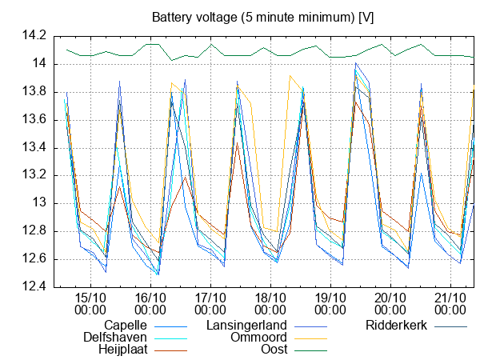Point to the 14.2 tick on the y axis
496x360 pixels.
[35, 36]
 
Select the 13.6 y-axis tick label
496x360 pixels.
[35, 120]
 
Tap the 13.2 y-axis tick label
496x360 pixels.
[35, 176]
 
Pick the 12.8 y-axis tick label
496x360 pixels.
[35, 232]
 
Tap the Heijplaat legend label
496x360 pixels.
[121, 350]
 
